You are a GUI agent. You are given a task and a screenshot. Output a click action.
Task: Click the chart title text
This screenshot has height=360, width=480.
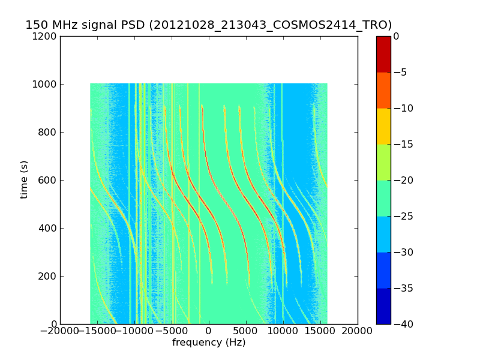208,25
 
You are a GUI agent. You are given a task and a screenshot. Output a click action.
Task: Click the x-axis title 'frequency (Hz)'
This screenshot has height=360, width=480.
209,343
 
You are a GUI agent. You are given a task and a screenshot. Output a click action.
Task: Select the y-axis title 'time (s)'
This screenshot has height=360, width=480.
24,179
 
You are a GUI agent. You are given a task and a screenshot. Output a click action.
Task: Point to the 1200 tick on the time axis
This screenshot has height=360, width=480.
45,36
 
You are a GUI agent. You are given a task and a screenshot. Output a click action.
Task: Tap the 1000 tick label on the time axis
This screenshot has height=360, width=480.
45,84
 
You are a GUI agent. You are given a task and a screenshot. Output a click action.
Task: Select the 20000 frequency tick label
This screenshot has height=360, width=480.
358,332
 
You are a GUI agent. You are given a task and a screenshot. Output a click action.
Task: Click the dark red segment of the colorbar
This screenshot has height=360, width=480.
383,54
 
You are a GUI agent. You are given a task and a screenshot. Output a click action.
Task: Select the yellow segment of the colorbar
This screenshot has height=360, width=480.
383,126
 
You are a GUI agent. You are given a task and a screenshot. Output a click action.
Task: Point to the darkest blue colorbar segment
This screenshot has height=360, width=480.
383,306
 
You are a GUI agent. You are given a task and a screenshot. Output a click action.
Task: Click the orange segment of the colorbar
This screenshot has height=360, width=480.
383,90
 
